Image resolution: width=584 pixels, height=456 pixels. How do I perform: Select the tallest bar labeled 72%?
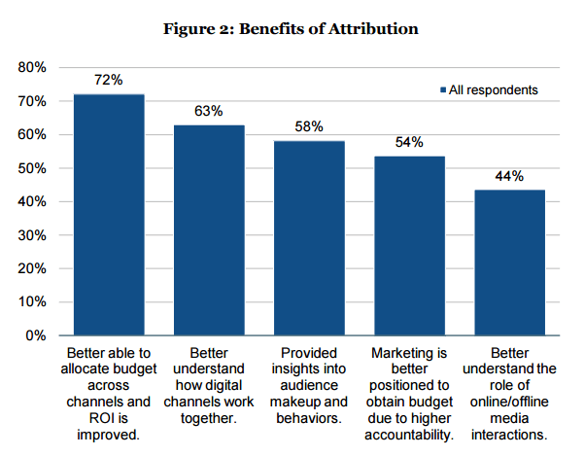(x=109, y=214)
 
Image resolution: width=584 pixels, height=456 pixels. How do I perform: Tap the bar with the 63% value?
(x=209, y=229)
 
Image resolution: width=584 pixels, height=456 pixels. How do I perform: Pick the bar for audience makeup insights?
(x=309, y=238)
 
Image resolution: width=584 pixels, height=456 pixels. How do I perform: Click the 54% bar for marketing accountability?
(x=409, y=245)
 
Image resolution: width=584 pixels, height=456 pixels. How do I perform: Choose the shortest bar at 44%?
(x=509, y=262)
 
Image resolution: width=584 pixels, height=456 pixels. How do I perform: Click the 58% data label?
(x=309, y=127)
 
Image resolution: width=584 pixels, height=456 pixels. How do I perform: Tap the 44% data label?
(x=509, y=176)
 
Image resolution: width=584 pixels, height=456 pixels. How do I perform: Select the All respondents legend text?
(x=493, y=90)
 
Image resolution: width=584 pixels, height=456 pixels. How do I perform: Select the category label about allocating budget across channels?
(x=109, y=391)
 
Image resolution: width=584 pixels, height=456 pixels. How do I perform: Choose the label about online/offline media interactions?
(x=509, y=391)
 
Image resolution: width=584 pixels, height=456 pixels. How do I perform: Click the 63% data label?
(x=209, y=111)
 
